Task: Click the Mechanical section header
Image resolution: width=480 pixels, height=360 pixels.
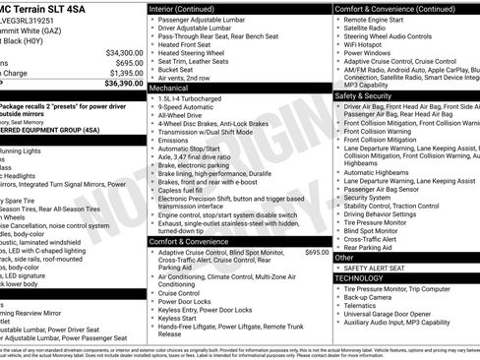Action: [170, 88]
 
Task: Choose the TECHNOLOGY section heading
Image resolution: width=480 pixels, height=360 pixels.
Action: [366, 278]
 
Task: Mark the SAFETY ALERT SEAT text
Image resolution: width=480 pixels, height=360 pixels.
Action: [379, 269]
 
